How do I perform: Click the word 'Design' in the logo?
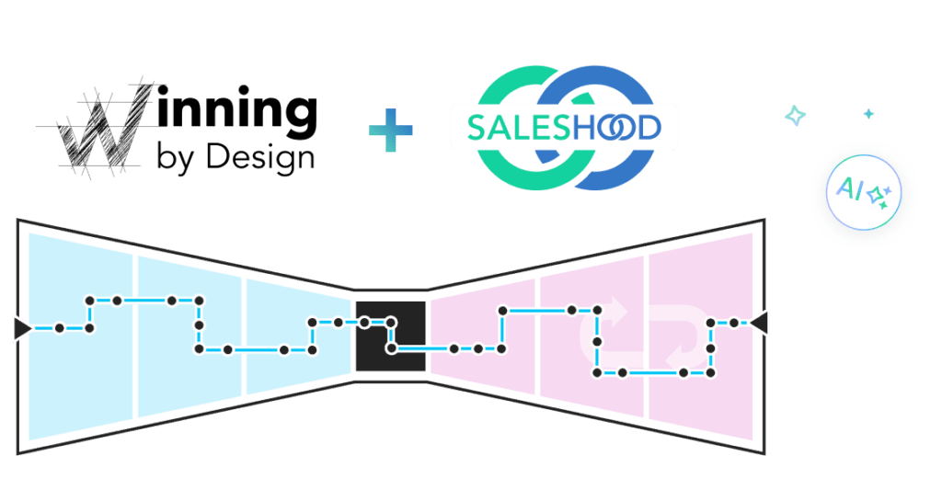260,158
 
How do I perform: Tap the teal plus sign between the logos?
390,130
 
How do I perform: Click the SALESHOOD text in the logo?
564,128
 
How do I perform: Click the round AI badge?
863,192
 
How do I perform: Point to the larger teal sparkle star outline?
796,115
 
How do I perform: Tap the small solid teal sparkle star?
868,113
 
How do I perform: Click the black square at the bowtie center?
390,336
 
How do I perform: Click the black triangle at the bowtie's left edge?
23,328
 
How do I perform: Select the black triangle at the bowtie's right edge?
758,323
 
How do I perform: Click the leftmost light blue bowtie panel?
81,336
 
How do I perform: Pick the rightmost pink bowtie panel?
701,336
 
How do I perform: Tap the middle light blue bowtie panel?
190,336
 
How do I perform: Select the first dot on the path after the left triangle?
60,328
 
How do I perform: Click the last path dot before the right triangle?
733,323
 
